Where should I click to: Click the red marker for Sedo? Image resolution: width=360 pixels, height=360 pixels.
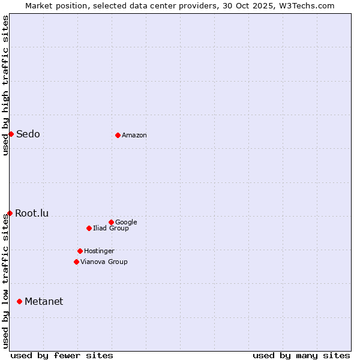(11, 134)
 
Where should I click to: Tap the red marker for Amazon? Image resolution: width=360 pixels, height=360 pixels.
(118, 135)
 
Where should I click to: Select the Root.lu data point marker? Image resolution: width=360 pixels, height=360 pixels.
(10, 213)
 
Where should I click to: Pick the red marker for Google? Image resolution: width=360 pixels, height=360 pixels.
(111, 222)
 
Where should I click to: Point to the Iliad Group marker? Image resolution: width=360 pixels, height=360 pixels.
(89, 228)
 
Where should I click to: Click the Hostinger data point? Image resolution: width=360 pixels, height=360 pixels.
(80, 251)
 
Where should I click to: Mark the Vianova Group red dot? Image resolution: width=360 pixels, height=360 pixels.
(76, 262)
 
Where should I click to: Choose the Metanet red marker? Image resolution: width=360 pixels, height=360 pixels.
(19, 301)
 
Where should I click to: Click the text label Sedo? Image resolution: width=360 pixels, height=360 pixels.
(28, 134)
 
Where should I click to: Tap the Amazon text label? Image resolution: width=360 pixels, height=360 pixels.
(134, 135)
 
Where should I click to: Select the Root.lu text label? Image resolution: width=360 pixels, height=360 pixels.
(32, 213)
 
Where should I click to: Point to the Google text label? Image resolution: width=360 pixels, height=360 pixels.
(126, 222)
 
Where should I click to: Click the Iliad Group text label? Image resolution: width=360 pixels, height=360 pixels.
(111, 228)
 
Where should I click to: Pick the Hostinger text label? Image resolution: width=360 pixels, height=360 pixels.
(99, 251)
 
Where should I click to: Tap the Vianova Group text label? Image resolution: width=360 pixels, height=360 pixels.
(104, 262)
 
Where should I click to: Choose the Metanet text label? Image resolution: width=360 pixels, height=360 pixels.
(44, 301)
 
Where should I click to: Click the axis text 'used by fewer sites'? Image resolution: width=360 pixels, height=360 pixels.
(62, 355)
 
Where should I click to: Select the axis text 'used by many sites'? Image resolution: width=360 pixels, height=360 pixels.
(301, 355)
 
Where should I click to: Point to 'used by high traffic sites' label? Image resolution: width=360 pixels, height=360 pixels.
(5, 85)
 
